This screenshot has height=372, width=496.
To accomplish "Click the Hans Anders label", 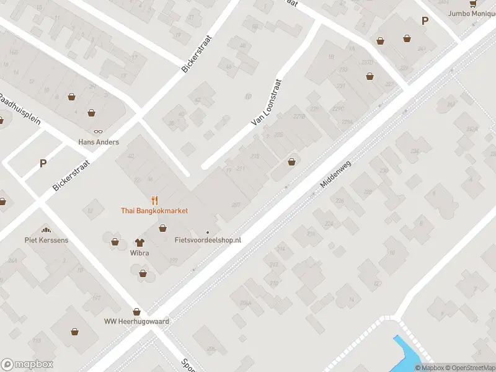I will (x=99, y=141).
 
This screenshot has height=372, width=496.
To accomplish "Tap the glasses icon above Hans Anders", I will (x=99, y=131).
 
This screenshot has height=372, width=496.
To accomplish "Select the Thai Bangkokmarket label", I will (x=154, y=211).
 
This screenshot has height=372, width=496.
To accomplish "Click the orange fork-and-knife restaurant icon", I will (x=154, y=200).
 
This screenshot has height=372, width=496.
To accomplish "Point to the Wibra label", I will (x=139, y=252).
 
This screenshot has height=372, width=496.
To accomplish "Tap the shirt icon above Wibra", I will (x=139, y=242).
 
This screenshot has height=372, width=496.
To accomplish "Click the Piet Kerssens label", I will (x=45, y=240).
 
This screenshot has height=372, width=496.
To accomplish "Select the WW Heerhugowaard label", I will (x=136, y=322).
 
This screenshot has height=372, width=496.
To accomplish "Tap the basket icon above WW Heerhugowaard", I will (x=136, y=312).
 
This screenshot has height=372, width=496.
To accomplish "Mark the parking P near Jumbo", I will (x=425, y=20).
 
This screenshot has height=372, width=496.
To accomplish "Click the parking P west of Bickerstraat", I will (x=43, y=164).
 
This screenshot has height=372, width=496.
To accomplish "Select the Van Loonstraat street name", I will (x=267, y=102).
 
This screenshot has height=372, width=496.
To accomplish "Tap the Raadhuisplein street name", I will (x=20, y=109).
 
